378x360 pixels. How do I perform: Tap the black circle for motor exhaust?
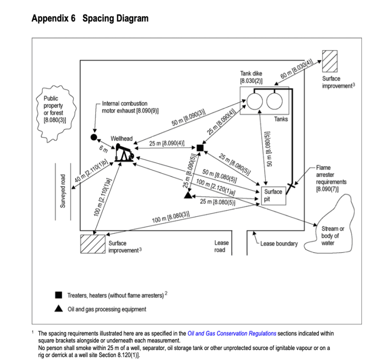pyautogui.click(x=94, y=137)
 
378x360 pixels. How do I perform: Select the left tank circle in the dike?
pyautogui.click(x=254, y=101)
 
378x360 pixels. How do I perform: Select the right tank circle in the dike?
pyautogui.click(x=275, y=101)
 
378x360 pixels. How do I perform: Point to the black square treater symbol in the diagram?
pyautogui.click(x=200, y=148)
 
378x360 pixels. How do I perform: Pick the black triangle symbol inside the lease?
pyautogui.click(x=189, y=195)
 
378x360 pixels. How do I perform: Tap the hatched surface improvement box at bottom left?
pyautogui.click(x=92, y=244)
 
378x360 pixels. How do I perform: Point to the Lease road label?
pyautogui.click(x=221, y=246)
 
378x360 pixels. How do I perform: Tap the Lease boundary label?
pyautogui.click(x=279, y=244)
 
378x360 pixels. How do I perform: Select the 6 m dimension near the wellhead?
pyautogui.click(x=103, y=149)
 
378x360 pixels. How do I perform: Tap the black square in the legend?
pyautogui.click(x=59, y=295)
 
